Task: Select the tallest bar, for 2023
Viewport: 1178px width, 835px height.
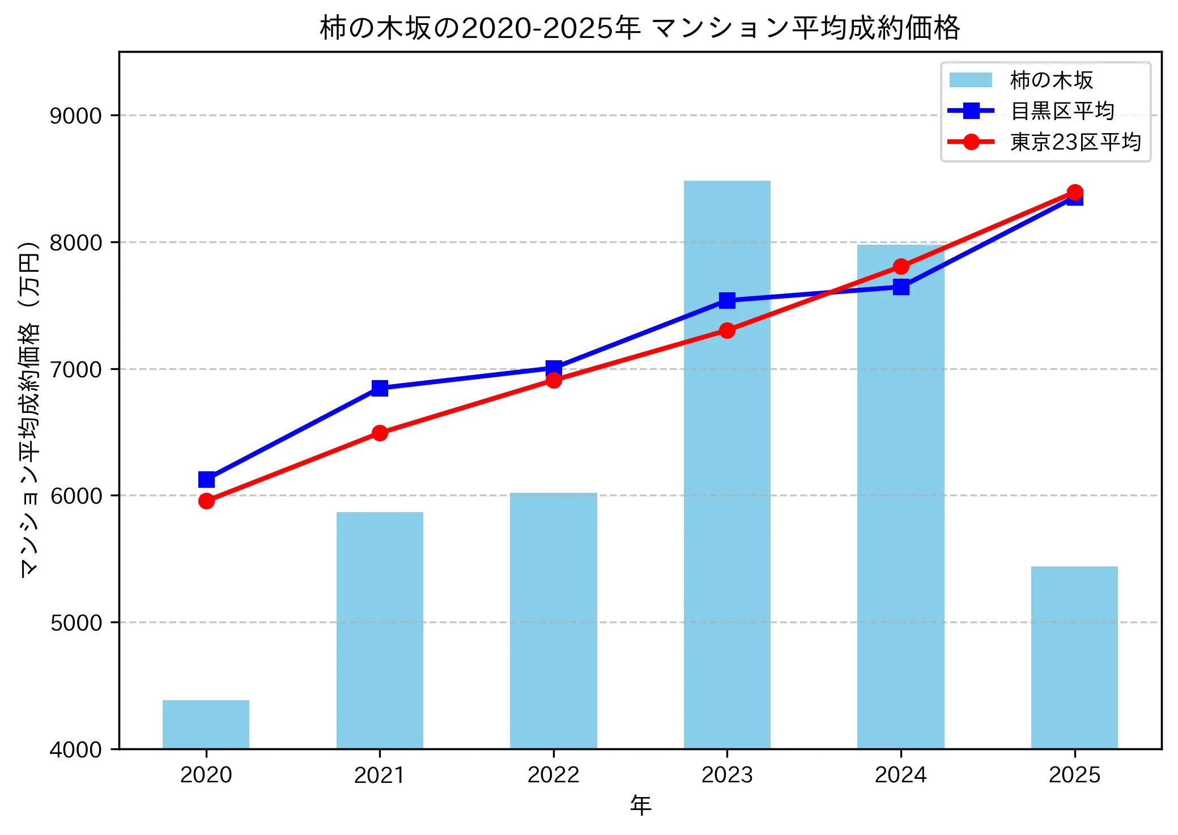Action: [727, 465]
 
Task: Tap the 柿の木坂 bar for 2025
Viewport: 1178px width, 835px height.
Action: [1074, 657]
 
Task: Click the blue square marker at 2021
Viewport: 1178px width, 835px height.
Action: [380, 388]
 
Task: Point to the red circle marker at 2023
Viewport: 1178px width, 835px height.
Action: [727, 330]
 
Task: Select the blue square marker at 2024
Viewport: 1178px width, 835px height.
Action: [901, 287]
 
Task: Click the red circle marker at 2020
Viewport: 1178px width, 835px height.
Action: [206, 501]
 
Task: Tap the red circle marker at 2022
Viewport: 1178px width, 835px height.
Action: [554, 380]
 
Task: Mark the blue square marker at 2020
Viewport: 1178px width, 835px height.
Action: [206, 480]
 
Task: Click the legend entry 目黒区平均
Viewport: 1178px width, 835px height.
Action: [1062, 111]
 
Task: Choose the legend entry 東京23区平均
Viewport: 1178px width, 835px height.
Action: [1075, 142]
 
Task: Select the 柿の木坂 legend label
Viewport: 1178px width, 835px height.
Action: [1051, 80]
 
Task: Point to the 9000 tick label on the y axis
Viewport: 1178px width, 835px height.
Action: [75, 116]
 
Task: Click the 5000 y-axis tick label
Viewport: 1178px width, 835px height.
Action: [75, 623]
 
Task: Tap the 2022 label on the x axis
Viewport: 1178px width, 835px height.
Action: [554, 775]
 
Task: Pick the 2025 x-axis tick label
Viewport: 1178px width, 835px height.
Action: [1074, 775]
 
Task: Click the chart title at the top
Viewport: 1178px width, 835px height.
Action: [640, 28]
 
